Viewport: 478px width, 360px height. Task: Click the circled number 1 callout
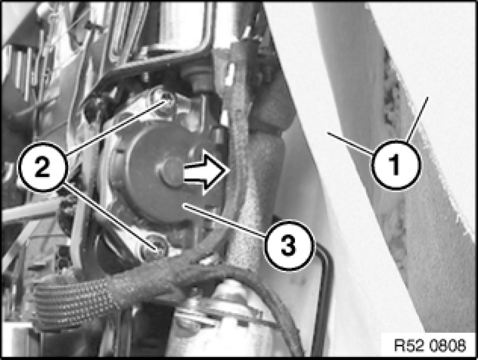click(x=396, y=165)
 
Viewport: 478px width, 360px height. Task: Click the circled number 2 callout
click(x=43, y=167)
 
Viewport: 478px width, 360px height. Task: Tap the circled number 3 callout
click(x=288, y=245)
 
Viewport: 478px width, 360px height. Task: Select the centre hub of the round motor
click(x=172, y=170)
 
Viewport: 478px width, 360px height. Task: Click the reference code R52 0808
click(x=430, y=346)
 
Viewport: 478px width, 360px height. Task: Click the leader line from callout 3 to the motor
click(x=225, y=220)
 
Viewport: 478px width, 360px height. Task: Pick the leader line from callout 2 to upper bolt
click(x=116, y=128)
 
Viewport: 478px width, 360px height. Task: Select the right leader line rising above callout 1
click(x=417, y=119)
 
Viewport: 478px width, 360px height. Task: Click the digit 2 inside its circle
click(x=43, y=167)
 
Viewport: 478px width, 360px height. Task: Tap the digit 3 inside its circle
click(x=288, y=245)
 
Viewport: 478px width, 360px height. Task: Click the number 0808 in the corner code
click(x=448, y=346)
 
